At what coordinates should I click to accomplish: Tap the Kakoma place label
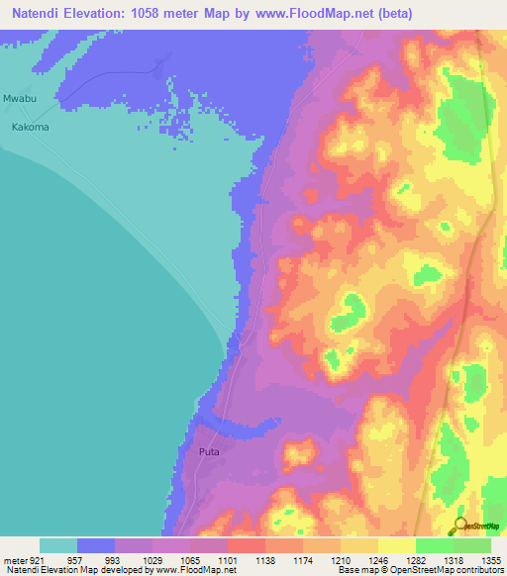[x=30, y=128]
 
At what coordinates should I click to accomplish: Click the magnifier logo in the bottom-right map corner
[x=461, y=525]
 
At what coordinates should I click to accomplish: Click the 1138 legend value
[x=274, y=559]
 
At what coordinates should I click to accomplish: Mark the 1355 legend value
[x=491, y=559]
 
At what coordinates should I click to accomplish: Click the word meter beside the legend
[x=14, y=559]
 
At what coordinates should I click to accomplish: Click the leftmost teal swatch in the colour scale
[x=58, y=545]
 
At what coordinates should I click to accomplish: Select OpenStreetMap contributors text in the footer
[x=452, y=571]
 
